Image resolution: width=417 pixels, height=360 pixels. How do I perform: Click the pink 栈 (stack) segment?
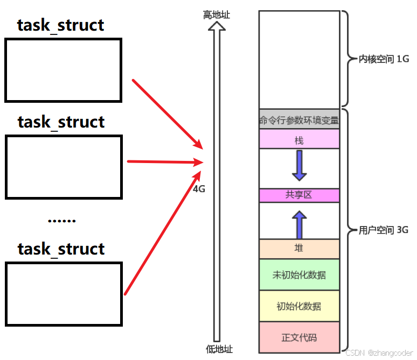299,139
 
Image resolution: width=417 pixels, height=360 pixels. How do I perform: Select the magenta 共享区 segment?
299,195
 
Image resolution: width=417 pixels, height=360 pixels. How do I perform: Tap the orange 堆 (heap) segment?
299,249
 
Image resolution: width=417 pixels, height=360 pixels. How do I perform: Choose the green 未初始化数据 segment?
299,274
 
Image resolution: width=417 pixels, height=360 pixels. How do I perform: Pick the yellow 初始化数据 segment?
299,306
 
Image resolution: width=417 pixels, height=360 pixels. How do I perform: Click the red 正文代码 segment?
299,337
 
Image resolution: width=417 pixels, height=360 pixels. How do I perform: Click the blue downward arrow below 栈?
300,166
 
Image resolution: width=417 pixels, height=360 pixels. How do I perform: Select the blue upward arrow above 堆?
300,225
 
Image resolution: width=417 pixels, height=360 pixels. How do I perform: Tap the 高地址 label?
217,15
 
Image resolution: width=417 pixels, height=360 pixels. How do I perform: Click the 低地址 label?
219,349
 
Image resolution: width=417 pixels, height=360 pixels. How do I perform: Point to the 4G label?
199,189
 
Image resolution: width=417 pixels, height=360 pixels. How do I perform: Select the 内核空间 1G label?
384,59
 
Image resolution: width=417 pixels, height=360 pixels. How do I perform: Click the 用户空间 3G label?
384,230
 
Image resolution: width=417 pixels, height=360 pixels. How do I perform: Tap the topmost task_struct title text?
60,25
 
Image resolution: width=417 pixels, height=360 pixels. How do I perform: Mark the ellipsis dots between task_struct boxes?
62,221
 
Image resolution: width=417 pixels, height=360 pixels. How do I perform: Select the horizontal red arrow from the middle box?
165,162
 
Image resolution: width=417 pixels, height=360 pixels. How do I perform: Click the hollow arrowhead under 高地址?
217,26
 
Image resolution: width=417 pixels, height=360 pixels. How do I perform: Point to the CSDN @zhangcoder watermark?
379,353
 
